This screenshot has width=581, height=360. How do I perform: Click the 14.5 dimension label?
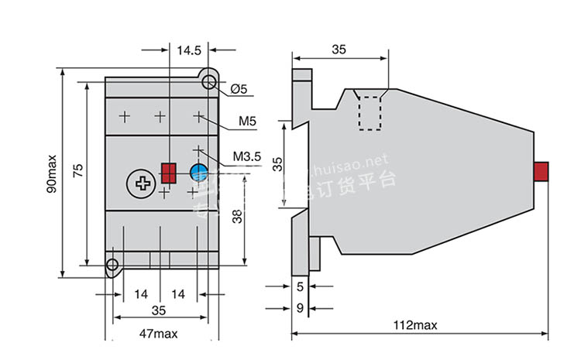point(189,50)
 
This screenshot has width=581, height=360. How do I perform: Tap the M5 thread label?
point(247,122)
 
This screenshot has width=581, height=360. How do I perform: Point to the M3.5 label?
point(248,159)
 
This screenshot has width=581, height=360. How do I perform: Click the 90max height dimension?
point(51,174)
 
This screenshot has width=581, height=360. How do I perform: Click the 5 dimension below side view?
point(300,286)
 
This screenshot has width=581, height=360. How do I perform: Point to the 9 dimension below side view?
point(300,308)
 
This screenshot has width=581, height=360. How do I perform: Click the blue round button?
point(198,172)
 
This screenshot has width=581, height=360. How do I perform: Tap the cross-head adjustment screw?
point(142,183)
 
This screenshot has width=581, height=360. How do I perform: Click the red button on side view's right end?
point(542,171)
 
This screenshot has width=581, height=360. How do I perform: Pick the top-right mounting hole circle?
point(208,82)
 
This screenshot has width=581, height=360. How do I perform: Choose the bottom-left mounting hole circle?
point(113,265)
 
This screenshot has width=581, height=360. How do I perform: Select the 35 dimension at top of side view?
point(339,50)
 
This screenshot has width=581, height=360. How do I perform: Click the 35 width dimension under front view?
point(159,311)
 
